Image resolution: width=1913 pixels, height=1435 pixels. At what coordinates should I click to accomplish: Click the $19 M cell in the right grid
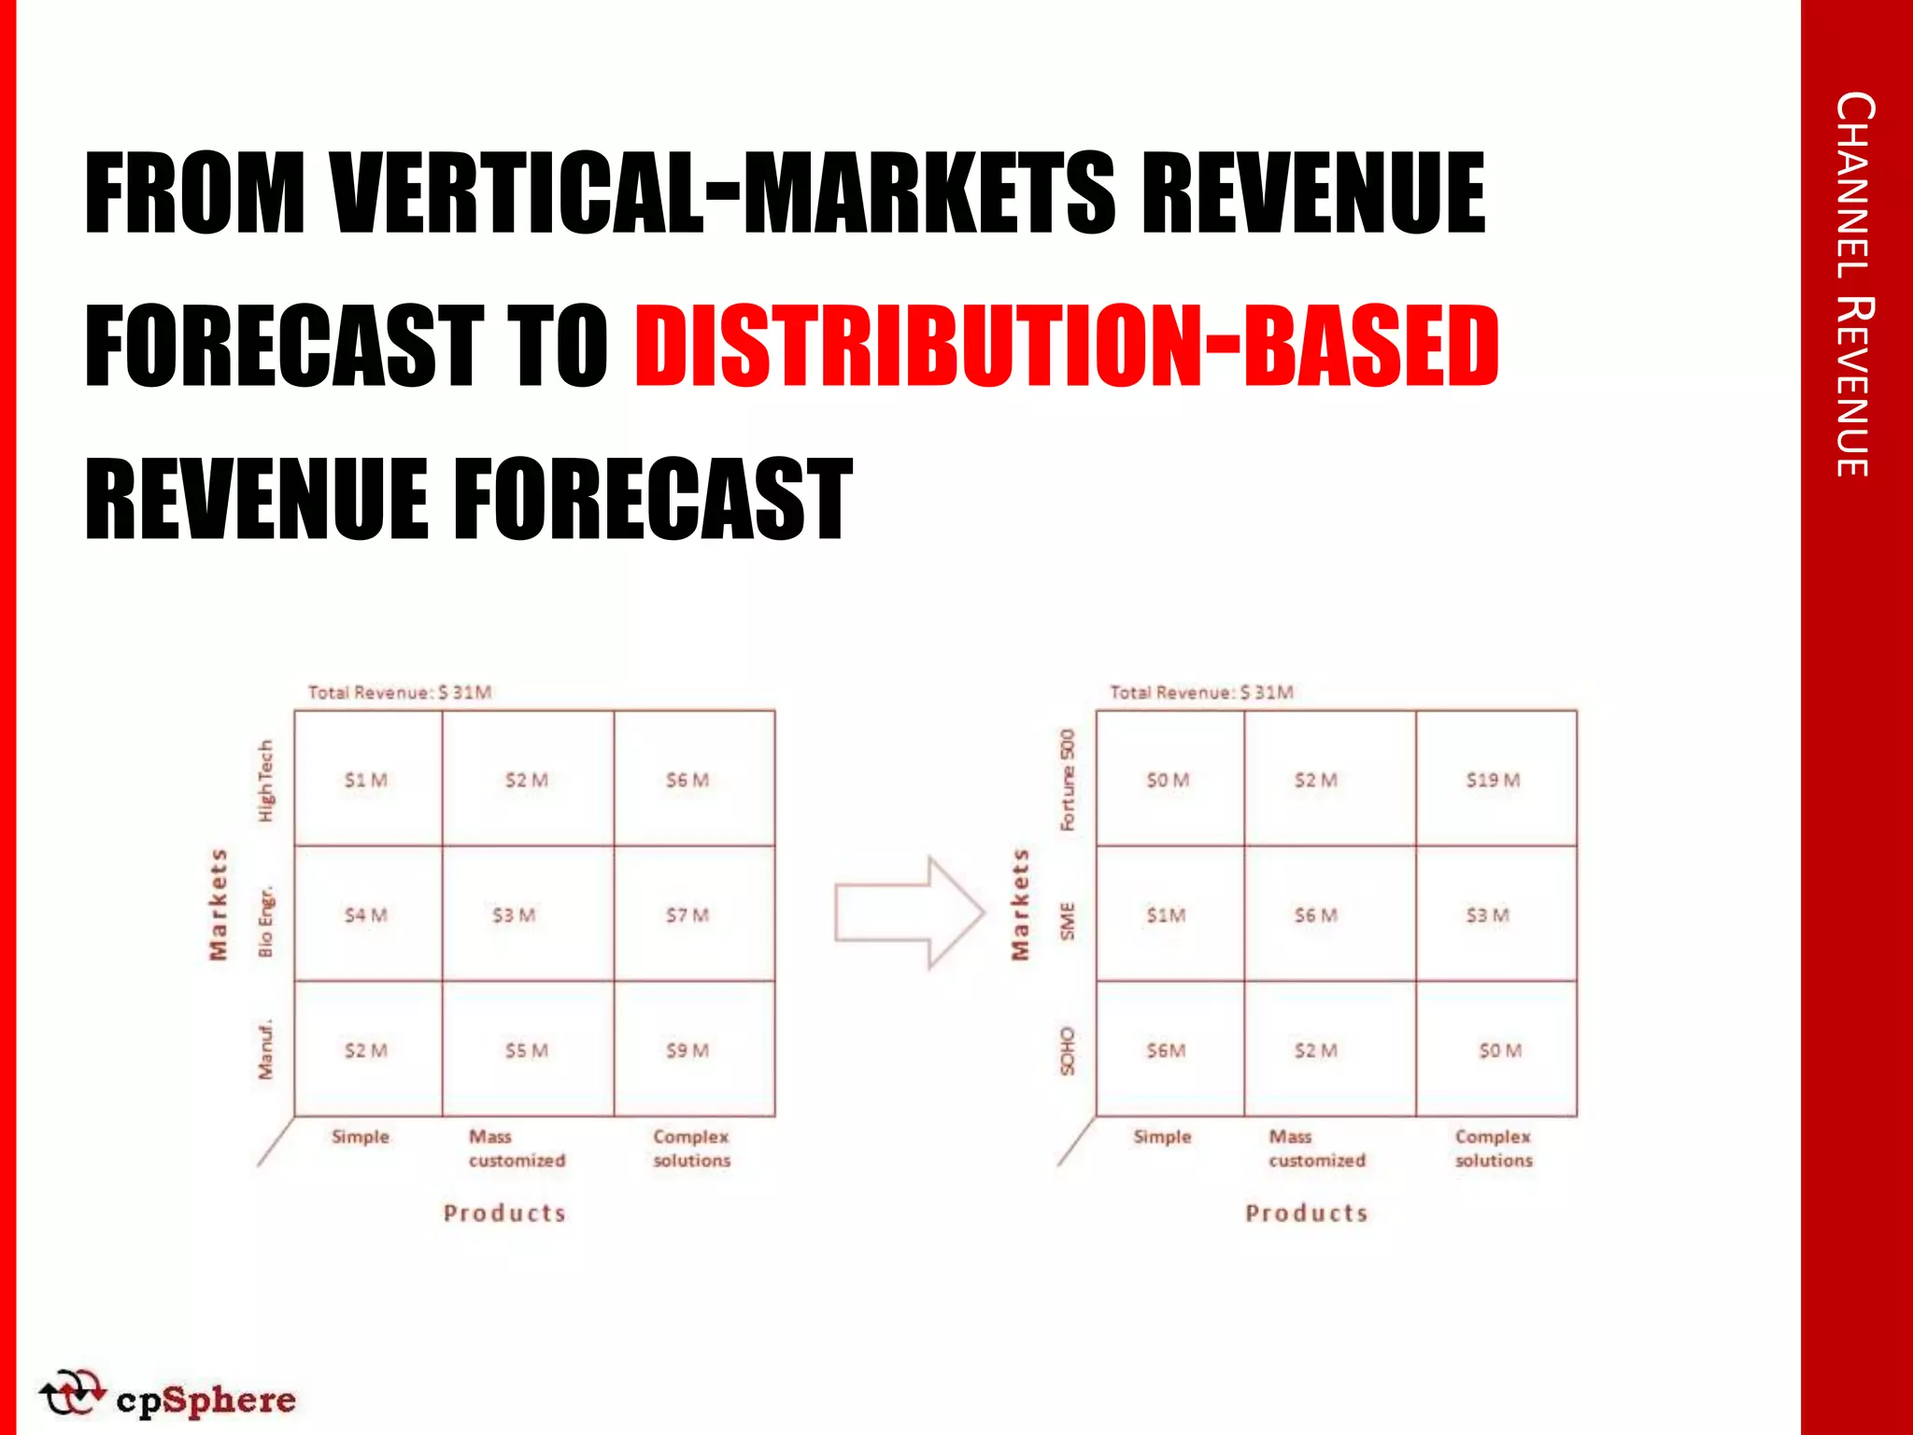[x=1493, y=780]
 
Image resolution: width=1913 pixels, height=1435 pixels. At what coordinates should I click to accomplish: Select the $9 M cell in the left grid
[x=687, y=1051]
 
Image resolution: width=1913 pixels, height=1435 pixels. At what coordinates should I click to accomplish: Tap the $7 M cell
[x=687, y=916]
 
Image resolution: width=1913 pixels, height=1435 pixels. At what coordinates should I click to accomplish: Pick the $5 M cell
[x=527, y=1051]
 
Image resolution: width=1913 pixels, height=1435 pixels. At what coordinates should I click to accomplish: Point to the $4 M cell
[x=365, y=916]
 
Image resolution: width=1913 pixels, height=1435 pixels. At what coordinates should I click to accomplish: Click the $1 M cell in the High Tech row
[x=365, y=780]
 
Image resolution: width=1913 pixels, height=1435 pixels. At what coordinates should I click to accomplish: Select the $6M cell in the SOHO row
[x=1167, y=1051]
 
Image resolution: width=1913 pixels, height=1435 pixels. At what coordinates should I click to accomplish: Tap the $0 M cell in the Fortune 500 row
[x=1168, y=780]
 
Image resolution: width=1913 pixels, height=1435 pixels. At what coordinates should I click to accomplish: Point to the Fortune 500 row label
[x=1068, y=780]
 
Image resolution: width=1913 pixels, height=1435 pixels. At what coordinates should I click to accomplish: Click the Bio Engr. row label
[x=266, y=922]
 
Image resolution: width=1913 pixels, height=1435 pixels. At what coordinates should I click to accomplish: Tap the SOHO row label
[x=1068, y=1051]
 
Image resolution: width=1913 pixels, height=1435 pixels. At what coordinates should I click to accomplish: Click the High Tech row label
[x=266, y=781]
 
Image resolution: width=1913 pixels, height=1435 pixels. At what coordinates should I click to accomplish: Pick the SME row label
[x=1068, y=921]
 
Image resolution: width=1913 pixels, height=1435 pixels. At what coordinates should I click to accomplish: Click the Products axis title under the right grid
[x=1306, y=1214]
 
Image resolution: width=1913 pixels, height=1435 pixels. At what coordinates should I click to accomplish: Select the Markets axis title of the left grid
[x=218, y=904]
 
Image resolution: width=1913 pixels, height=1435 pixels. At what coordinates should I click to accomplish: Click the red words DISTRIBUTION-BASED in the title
[x=1067, y=347]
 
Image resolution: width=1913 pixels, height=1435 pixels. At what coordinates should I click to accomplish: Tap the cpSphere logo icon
[x=71, y=1393]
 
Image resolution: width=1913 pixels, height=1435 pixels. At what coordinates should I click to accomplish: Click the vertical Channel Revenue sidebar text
[x=1854, y=285]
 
